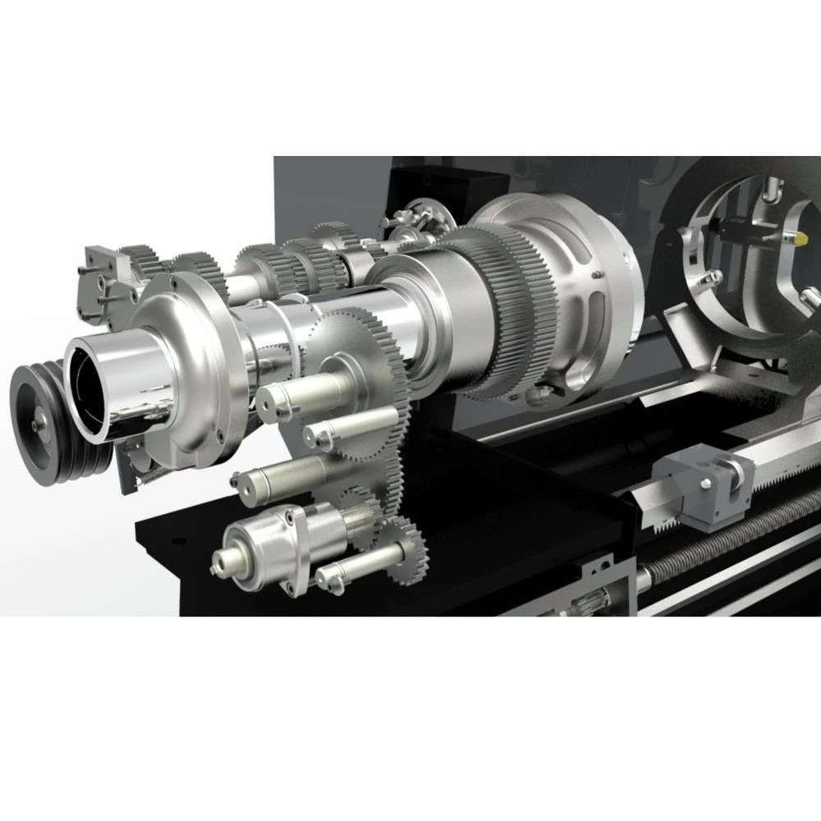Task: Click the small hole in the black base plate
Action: pyautogui.click(x=173, y=541)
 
